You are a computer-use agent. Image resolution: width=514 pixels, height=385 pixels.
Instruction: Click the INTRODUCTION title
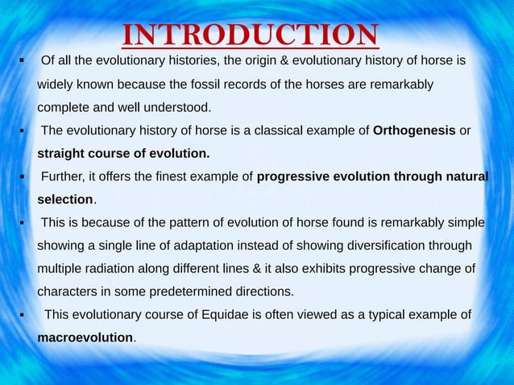pos(251,35)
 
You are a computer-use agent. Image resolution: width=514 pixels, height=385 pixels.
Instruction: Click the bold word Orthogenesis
pos(415,130)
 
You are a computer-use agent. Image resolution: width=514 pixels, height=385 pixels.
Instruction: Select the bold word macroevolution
pos(85,337)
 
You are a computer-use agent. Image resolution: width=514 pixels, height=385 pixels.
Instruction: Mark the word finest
pos(178,176)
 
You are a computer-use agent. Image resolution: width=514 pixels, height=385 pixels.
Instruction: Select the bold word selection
pos(66,199)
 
